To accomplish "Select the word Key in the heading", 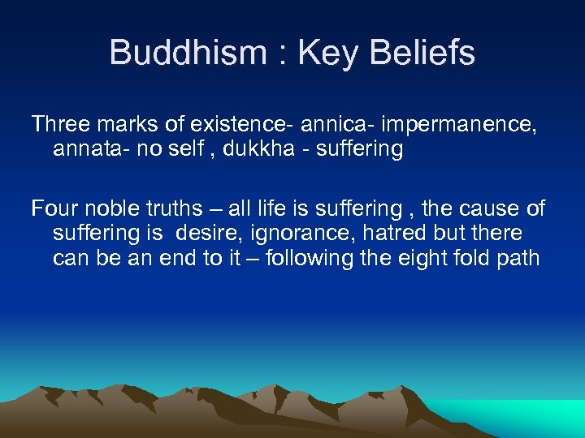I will [x=326, y=54].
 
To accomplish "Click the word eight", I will [x=436, y=260].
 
